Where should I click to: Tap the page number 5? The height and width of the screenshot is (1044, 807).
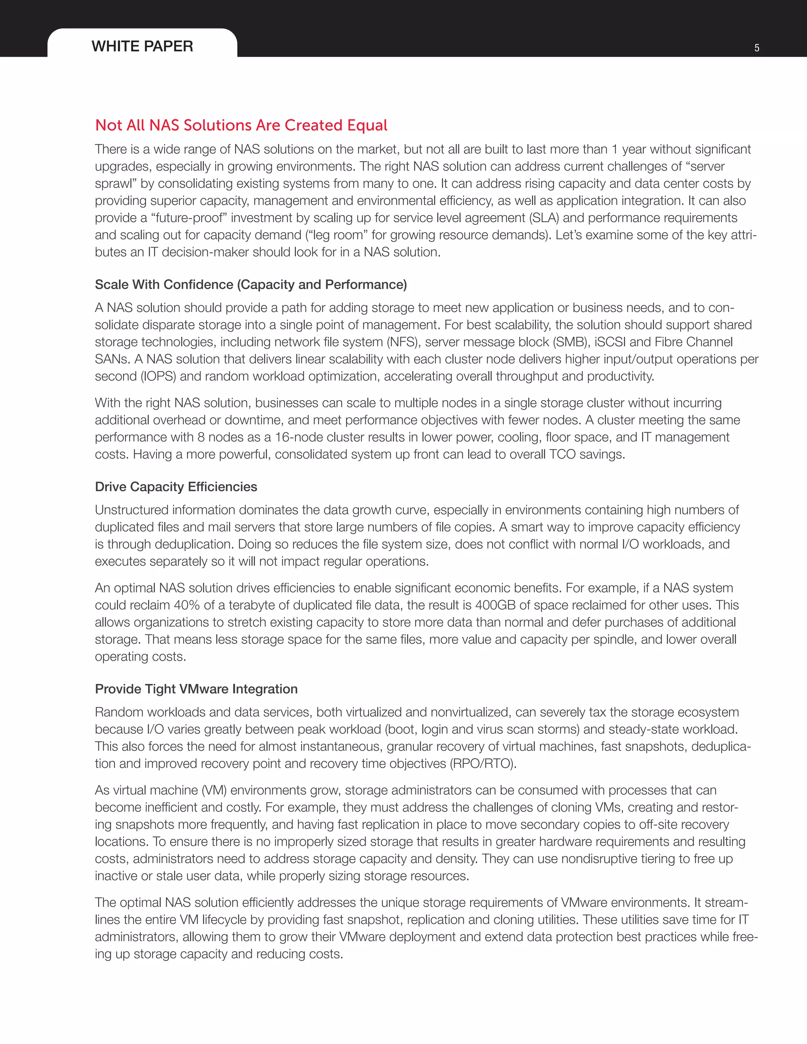[757, 48]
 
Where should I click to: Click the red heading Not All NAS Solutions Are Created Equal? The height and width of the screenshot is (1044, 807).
[241, 125]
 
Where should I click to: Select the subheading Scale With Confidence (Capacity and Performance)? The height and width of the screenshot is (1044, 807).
[251, 284]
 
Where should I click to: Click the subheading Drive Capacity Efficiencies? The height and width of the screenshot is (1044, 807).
[176, 487]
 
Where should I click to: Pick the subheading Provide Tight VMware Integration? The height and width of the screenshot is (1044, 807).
[196, 689]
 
